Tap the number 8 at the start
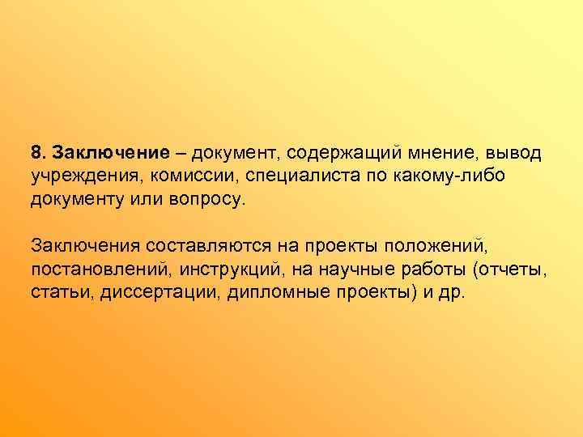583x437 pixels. pos(35,154)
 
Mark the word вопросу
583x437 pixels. pos(206,199)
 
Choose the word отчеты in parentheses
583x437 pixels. pos(510,267)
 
